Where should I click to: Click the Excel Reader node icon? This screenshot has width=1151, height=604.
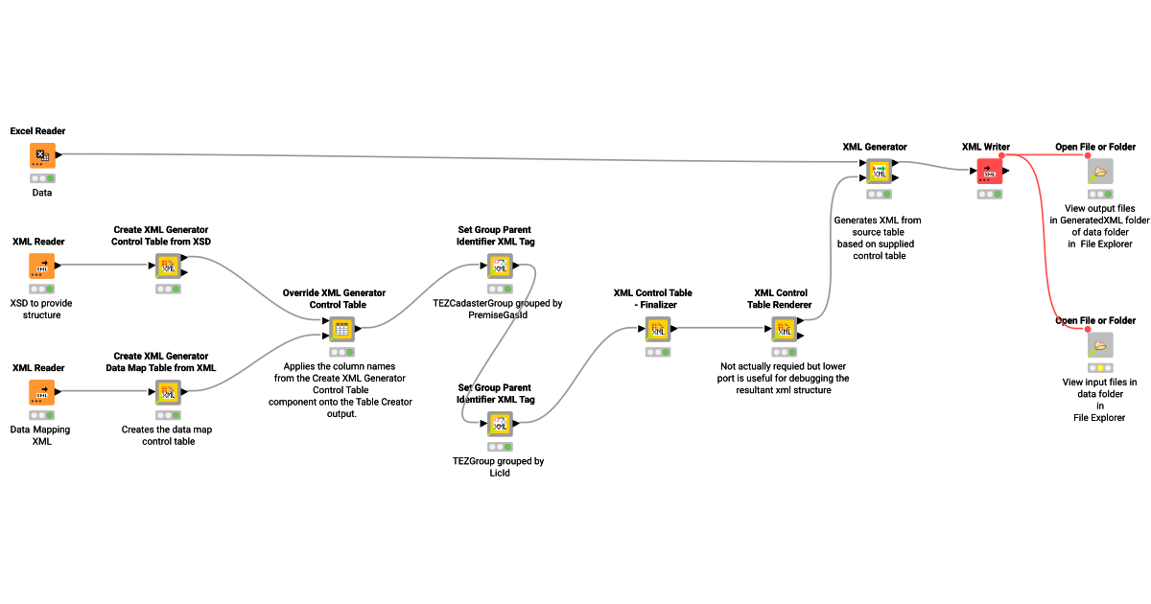(x=41, y=156)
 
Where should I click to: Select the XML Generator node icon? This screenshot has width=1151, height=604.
(x=879, y=172)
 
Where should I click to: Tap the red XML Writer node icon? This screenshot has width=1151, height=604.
(x=990, y=172)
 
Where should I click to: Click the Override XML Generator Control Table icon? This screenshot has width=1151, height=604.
(x=341, y=330)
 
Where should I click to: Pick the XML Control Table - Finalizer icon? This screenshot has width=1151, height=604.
(x=658, y=330)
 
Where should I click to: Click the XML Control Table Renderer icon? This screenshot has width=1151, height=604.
(x=785, y=330)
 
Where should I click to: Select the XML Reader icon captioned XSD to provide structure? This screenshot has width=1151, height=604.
(x=41, y=266)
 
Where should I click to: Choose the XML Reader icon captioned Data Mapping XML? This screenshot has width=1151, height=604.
(x=41, y=392)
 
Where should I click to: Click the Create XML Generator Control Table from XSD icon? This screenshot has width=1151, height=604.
(x=169, y=266)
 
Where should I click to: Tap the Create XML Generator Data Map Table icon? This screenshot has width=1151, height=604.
(x=169, y=392)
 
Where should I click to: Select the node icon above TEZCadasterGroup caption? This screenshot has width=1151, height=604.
(x=499, y=266)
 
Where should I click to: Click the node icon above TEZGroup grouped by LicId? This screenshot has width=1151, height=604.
(x=499, y=424)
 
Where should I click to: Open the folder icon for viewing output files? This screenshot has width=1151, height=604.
(x=1099, y=172)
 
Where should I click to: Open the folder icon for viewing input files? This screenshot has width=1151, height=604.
(x=1099, y=345)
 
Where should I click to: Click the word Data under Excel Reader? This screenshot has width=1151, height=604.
(x=41, y=192)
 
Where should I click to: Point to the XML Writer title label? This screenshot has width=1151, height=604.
(x=985, y=147)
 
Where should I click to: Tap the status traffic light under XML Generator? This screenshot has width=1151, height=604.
(x=879, y=195)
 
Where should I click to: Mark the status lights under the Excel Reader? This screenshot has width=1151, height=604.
(x=41, y=178)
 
